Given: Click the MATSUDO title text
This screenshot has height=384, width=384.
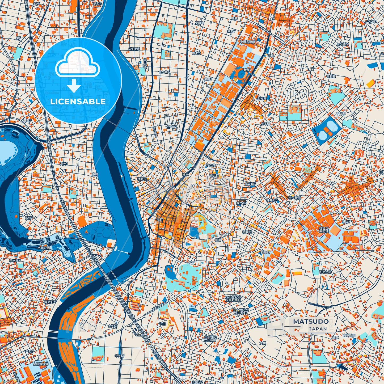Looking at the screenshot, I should point(311,321).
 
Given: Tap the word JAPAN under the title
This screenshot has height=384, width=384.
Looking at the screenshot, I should point(318,329).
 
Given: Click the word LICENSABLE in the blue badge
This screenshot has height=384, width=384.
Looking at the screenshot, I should point(78,102).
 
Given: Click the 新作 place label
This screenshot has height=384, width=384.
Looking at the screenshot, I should point(246,70).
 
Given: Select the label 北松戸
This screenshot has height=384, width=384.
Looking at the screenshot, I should point(262,98).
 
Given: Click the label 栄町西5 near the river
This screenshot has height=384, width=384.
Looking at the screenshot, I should point(134,49).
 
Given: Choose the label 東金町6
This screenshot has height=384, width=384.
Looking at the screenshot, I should point(50,302).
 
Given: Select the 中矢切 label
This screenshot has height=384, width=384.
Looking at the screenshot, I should point(119,356).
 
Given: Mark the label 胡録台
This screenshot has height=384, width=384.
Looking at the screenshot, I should point(247,232).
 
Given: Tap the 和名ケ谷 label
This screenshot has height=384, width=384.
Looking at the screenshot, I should point(326,272).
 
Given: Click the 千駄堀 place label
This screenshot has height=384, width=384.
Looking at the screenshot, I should point(340,113).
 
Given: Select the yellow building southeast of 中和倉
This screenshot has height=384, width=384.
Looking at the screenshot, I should point(370,83).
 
